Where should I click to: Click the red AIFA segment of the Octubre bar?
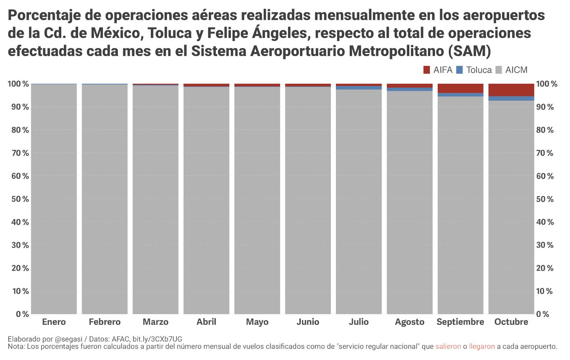511,90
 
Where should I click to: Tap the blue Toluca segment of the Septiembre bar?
460,95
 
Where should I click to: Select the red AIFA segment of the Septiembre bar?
460,88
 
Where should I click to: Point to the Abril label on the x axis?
206,322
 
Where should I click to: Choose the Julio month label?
359,322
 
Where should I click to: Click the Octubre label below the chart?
511,322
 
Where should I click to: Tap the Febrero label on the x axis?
105,322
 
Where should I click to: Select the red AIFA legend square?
426,70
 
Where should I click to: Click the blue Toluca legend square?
459,70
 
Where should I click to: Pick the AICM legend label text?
516,70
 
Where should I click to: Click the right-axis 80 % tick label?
545,130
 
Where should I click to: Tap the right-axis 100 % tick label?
547,84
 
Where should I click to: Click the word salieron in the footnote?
448,347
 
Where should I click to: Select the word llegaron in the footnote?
482,347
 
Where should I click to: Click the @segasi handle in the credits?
69,339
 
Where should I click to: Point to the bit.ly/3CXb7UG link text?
157,339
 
